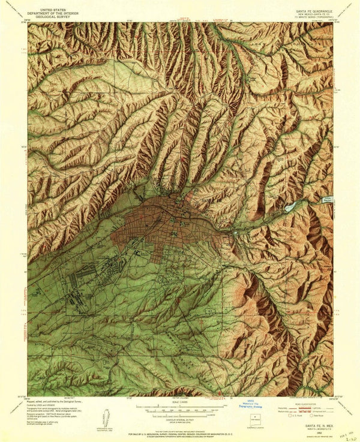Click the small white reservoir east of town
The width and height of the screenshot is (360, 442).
click(x=290, y=206)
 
